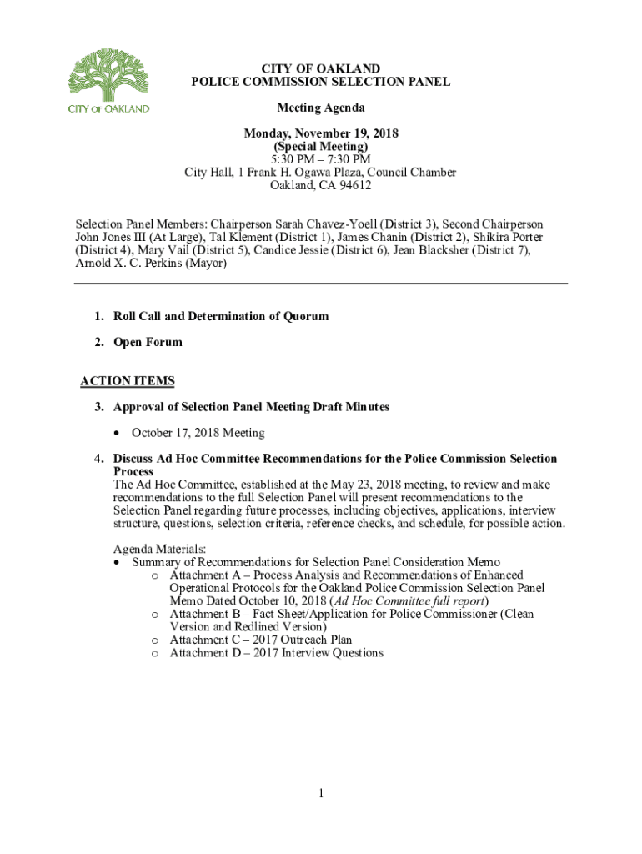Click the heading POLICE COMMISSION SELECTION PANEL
[x=320, y=82]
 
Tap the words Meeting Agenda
[x=320, y=108]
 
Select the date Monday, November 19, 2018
[x=320, y=134]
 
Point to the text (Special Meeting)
[x=320, y=147]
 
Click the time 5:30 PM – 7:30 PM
[x=320, y=160]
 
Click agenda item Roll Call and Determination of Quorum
[x=221, y=317]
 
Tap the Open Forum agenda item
[x=148, y=343]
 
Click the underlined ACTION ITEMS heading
[x=128, y=382]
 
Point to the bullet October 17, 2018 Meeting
[x=198, y=433]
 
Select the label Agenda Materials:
[x=159, y=549]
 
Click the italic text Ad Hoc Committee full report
[x=410, y=600]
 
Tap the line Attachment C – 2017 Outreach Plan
[x=261, y=640]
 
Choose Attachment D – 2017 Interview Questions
[x=276, y=653]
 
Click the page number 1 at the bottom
[x=320, y=793]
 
